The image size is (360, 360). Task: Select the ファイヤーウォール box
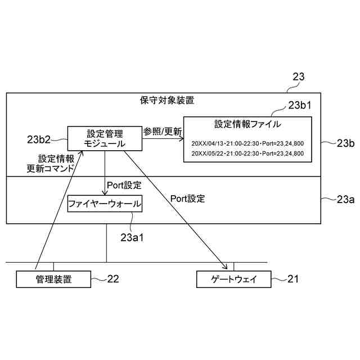coord(104,203)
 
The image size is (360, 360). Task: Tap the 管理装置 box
coord(53,278)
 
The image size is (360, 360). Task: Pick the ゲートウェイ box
coord(233,278)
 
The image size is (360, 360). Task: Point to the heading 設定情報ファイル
coord(247,124)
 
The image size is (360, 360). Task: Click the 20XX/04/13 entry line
coord(247,143)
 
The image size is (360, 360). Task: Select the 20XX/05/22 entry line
coord(247,154)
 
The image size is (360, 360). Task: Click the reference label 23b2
coord(41,138)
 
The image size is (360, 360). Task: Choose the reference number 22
coord(114,278)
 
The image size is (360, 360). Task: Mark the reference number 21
coord(294,278)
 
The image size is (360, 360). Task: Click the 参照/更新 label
coord(163,132)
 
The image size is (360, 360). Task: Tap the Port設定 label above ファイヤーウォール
coord(124,184)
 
